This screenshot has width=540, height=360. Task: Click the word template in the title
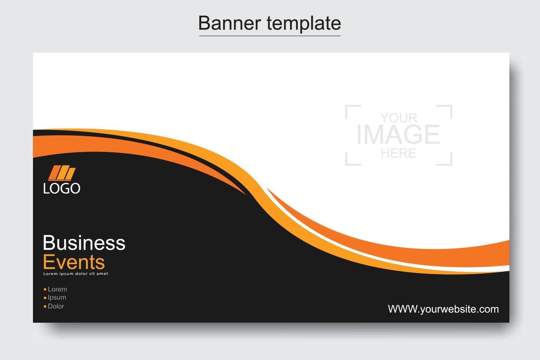click(x=304, y=24)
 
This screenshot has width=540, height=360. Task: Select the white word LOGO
click(x=62, y=188)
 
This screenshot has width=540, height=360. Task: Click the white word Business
click(x=84, y=243)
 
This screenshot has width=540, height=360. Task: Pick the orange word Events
click(x=74, y=262)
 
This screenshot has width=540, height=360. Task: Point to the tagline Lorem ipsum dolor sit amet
click(x=76, y=274)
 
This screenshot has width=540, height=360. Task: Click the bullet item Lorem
click(x=57, y=289)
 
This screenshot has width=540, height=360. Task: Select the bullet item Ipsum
click(x=57, y=298)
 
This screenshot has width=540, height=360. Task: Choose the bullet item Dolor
click(x=56, y=306)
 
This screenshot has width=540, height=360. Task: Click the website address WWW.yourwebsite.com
click(x=443, y=309)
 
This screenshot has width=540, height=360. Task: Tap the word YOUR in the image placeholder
click(x=399, y=118)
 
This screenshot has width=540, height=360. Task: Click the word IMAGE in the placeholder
click(x=398, y=134)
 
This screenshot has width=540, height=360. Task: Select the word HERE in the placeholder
click(x=399, y=153)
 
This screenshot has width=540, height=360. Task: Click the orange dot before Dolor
click(x=45, y=306)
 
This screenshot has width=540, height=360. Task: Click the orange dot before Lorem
click(x=45, y=289)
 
